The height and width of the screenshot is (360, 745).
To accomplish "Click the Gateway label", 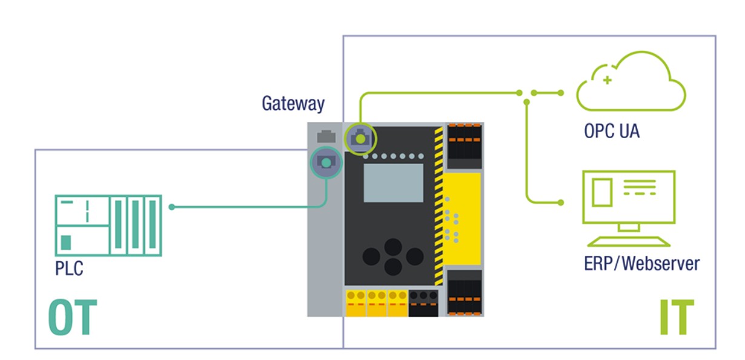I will pyautogui.click(x=293, y=104).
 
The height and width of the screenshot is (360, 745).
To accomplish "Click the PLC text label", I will pyautogui.click(x=69, y=268).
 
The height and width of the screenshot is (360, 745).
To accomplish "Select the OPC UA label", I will pyautogui.click(x=611, y=130).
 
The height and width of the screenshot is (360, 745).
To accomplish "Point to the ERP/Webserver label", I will pyautogui.click(x=641, y=264).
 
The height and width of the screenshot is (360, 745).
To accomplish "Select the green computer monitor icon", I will pyautogui.click(x=629, y=197).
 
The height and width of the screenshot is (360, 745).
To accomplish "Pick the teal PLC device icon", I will pyautogui.click(x=108, y=224).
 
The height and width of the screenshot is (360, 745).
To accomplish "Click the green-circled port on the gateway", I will pyautogui.click(x=360, y=139).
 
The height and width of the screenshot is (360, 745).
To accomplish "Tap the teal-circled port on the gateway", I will pyautogui.click(x=326, y=162).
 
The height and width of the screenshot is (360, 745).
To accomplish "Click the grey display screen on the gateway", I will pyautogui.click(x=392, y=182).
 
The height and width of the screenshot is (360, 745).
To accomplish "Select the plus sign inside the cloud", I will pyautogui.click(x=607, y=80).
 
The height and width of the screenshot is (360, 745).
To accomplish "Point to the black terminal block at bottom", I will pyautogui.click(x=422, y=303).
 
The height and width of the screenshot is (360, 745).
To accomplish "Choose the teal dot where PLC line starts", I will pyautogui.click(x=171, y=207).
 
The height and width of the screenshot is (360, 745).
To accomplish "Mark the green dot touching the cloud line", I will pyautogui.click(x=561, y=93).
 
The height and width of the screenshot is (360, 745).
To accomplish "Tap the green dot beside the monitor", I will pyautogui.click(x=561, y=201).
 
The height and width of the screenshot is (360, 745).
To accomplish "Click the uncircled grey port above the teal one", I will pyautogui.click(x=326, y=136).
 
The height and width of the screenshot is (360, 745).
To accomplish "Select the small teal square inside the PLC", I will pyautogui.click(x=65, y=242).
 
